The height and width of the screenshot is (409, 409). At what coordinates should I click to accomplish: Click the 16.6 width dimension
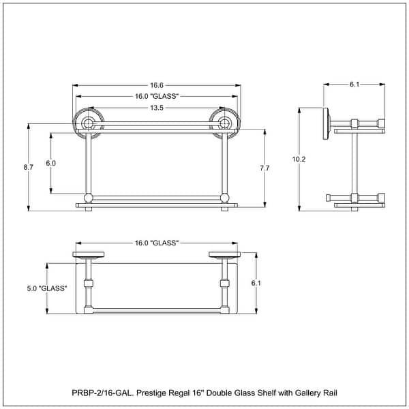tap(157, 85)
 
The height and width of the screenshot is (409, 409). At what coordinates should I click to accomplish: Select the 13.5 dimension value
tap(157, 107)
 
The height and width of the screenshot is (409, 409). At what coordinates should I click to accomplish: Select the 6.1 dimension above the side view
tap(354, 85)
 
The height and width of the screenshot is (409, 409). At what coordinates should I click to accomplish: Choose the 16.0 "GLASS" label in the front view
tap(157, 96)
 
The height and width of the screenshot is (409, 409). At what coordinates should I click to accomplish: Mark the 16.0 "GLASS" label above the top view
tap(157, 243)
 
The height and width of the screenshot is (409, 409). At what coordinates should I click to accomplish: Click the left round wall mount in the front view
tap(88, 123)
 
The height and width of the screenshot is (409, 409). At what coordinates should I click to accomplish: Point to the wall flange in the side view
tap(328, 123)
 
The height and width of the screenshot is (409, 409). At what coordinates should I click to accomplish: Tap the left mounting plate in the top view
tap(89, 256)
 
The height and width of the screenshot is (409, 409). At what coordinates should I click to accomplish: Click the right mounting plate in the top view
tap(224, 256)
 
